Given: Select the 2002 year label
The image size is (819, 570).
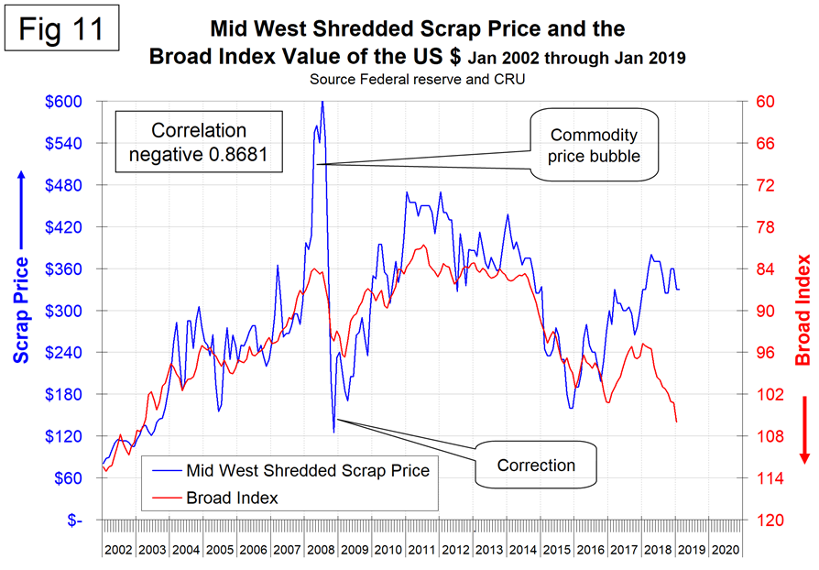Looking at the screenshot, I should tap(119, 550).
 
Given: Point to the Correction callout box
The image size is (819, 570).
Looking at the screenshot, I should tap(536, 465).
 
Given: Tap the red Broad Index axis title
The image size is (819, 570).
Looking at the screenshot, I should tap(803, 309).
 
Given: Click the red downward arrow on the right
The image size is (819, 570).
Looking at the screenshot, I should tap(803, 429).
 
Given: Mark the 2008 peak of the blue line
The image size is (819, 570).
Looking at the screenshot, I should tap(322, 103).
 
